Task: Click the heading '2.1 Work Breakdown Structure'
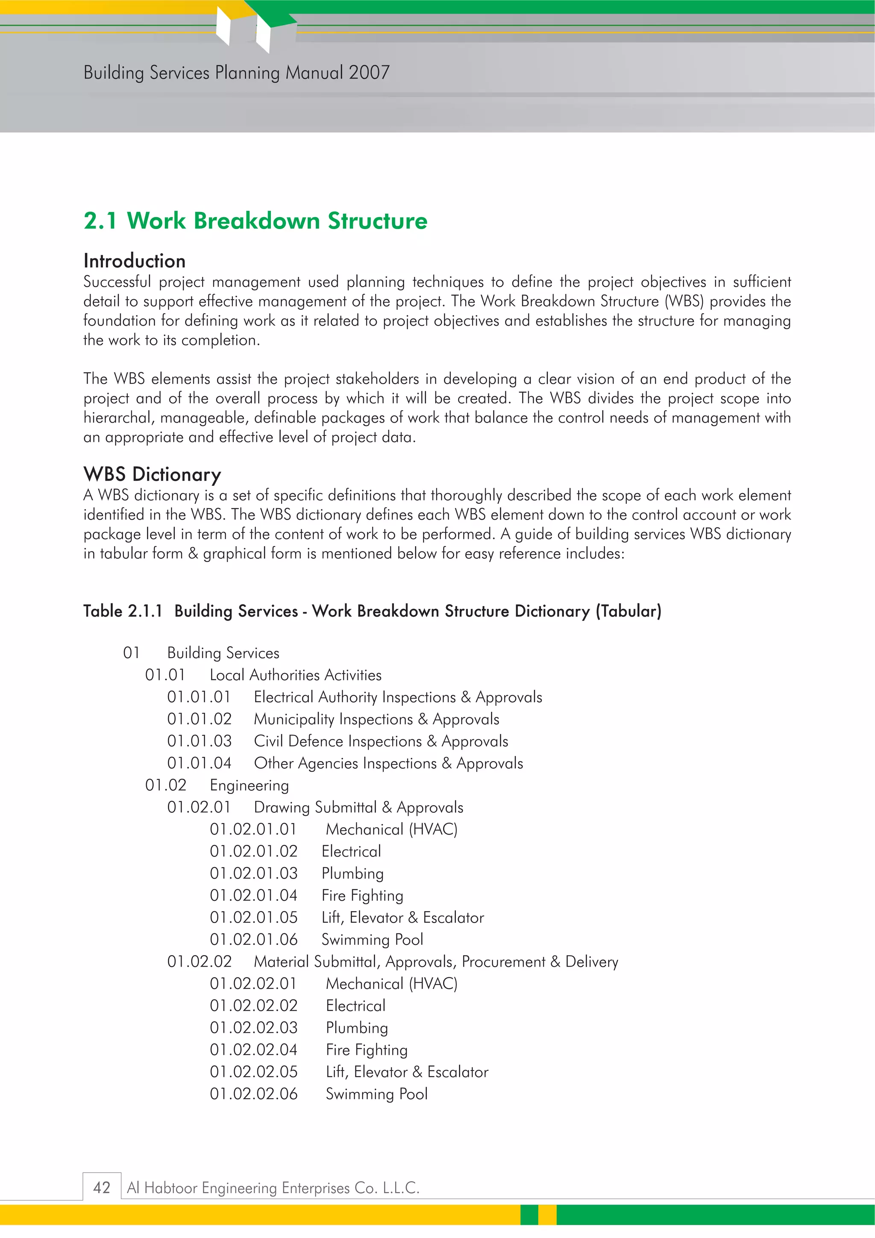[255, 221]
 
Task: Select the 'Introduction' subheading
[134, 261]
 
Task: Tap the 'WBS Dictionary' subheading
[152, 474]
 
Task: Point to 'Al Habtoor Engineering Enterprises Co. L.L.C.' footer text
[273, 1188]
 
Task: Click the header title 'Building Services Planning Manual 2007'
[236, 73]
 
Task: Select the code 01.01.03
[199, 741]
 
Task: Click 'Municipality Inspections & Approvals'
[376, 719]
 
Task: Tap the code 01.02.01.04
[253, 896]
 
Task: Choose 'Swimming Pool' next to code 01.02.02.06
[376, 1094]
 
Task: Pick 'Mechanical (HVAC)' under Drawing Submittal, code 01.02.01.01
[391, 829]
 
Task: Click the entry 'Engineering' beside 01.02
[249, 785]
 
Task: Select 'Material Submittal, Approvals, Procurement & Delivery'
[436, 962]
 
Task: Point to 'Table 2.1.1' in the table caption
[122, 611]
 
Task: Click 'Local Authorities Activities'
[295, 675]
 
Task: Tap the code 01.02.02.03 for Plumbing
[253, 1028]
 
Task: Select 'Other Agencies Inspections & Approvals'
[388, 764]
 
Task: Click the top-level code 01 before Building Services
[131, 653]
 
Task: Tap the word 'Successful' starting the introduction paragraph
[117, 282]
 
